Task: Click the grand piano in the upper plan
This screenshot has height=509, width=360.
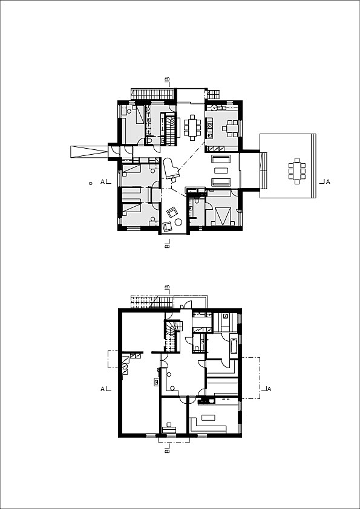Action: point(171,169)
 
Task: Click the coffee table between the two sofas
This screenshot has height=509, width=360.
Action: point(220,171)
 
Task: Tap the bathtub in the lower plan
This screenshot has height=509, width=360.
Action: point(234,345)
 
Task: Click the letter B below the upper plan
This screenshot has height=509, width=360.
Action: point(167,246)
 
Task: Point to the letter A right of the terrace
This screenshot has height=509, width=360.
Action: point(327,181)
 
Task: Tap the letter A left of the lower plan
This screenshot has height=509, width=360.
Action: point(103,389)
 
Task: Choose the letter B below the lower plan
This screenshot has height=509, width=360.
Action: point(167,450)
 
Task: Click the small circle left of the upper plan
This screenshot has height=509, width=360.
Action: point(90,182)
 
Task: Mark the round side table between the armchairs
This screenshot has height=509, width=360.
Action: point(178,224)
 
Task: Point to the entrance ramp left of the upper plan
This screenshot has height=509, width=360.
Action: point(89,151)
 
